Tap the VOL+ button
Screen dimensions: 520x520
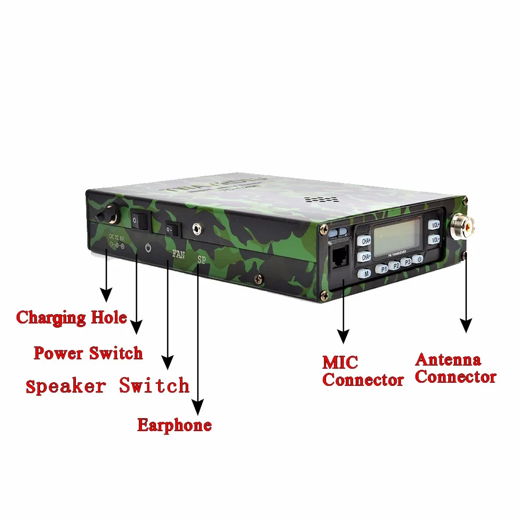435,225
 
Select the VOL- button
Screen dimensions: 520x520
435,240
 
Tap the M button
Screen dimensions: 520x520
367,272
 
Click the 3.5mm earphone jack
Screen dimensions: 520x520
197,227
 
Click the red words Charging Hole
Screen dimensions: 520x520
71,317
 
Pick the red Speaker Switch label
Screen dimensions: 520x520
107,386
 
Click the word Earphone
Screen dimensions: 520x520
174,425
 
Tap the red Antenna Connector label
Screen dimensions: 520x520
455,368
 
